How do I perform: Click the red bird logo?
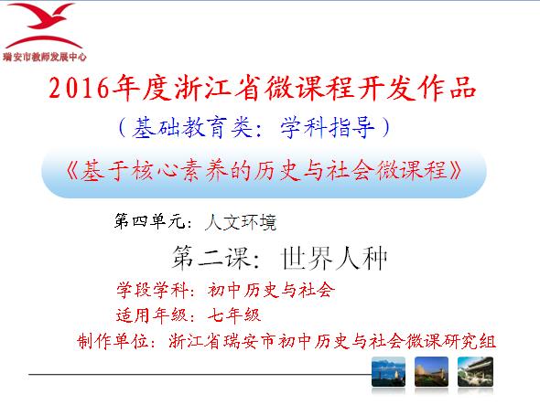pyautogui.click(x=43, y=25)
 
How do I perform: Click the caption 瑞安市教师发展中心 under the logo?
pyautogui.click(x=45, y=57)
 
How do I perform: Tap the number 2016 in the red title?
pyautogui.click(x=79, y=88)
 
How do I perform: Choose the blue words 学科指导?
pyautogui.click(x=327, y=127)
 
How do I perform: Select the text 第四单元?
pyautogui.click(x=150, y=221)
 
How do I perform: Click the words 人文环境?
pyautogui.click(x=241, y=222)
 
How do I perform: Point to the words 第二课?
pyautogui.click(x=211, y=258)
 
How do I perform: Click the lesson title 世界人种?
pyautogui.click(x=334, y=258)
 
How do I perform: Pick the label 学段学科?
pyautogui.click(x=152, y=290)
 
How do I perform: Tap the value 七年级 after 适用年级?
pyautogui.click(x=234, y=315)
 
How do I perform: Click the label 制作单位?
pyautogui.click(x=113, y=341)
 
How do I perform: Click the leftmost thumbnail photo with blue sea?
pyautogui.click(x=388, y=371)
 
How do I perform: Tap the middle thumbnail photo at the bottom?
pyautogui.click(x=431, y=371)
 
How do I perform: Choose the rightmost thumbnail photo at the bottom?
pyautogui.click(x=475, y=371)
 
